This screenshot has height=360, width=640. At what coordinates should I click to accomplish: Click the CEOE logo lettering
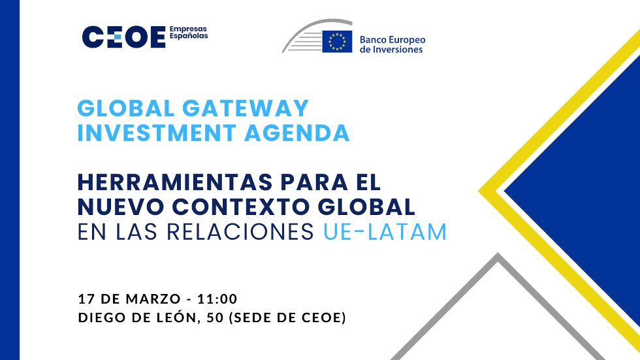(123, 37)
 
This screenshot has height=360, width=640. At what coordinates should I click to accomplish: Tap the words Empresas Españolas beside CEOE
(189, 32)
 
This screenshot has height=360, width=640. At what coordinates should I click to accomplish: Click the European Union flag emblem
(337, 41)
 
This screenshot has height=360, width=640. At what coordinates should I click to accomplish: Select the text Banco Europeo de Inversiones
(392, 44)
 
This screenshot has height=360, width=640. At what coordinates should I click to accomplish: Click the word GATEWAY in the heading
(246, 108)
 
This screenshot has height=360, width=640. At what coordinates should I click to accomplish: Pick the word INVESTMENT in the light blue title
(157, 133)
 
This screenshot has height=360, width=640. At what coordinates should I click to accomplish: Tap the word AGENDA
(296, 133)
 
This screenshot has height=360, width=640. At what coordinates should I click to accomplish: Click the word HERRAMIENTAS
(175, 182)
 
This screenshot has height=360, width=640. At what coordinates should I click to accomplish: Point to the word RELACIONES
(240, 231)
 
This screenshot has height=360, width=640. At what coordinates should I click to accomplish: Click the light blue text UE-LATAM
(385, 231)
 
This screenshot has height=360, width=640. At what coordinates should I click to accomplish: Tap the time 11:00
(217, 299)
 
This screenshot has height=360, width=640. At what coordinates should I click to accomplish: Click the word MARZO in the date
(153, 299)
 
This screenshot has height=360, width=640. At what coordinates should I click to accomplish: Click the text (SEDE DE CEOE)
(287, 317)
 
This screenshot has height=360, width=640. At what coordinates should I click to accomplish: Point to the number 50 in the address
(215, 317)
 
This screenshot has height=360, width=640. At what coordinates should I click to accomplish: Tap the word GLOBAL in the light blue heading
(125, 108)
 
